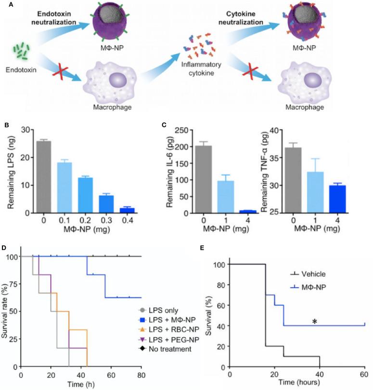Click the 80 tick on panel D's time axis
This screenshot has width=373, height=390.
(x=141, y=375)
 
